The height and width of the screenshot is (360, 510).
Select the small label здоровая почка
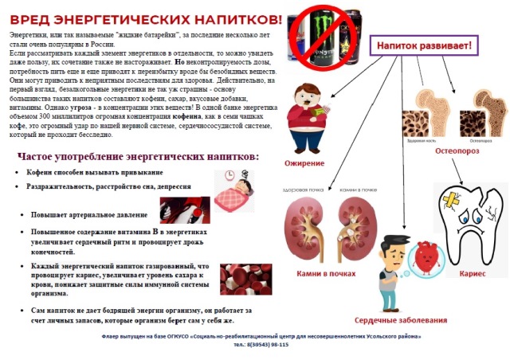(301, 190)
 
